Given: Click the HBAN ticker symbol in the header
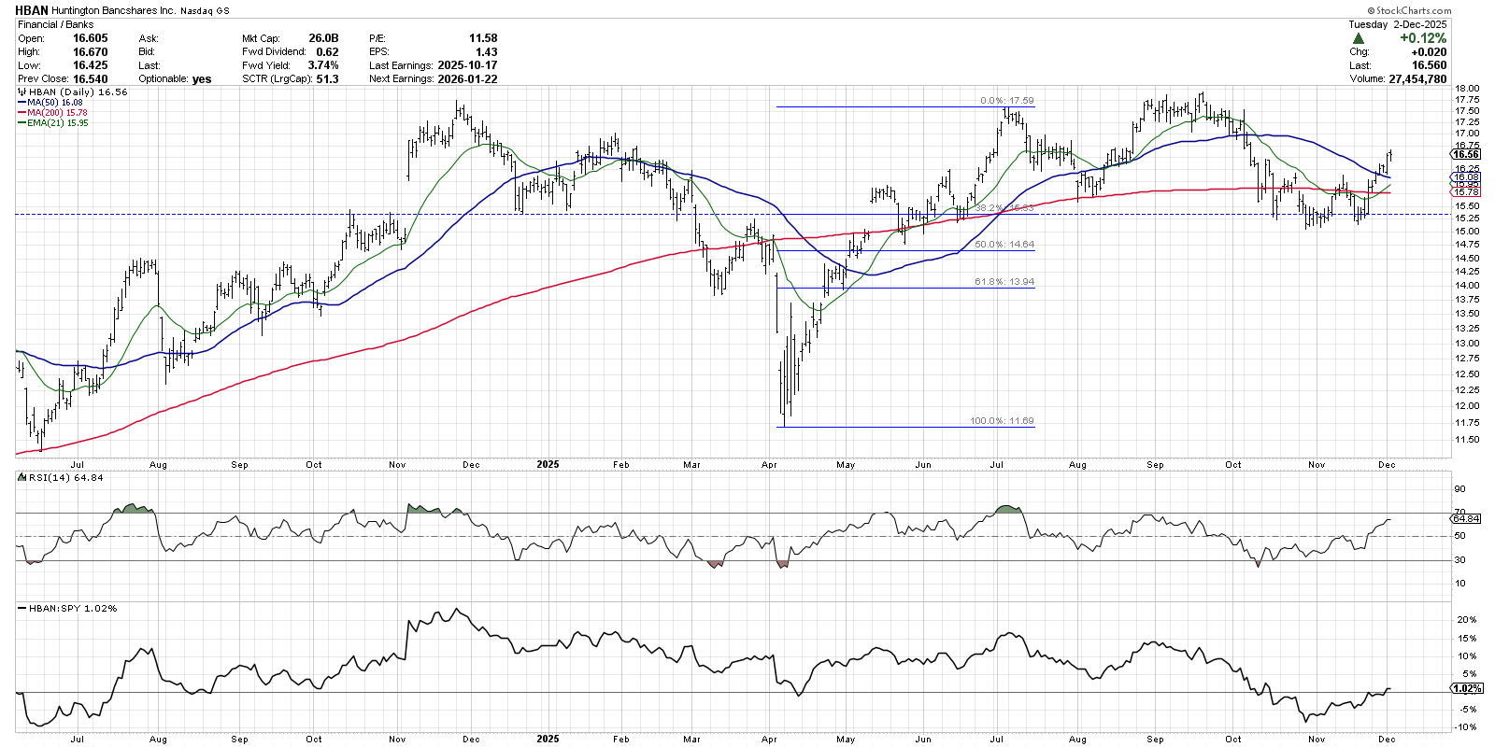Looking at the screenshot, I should click(33, 10).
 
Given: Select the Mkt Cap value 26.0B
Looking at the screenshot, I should click(323, 38).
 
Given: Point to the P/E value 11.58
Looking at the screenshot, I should click(483, 38).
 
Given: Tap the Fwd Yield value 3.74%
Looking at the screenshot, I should click(322, 65).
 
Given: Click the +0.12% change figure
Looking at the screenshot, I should click(1422, 38).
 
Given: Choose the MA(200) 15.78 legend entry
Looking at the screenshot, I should click(57, 113).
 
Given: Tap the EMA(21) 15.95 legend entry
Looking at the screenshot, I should click(57, 123).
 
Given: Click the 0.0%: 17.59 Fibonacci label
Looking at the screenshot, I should click(1006, 101).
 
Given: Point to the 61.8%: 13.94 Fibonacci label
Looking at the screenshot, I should click(1004, 282).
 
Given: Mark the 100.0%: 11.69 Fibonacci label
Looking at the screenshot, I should click(1002, 421).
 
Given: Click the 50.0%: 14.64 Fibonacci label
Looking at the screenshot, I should click(1004, 245).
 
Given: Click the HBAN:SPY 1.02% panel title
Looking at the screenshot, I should click(73, 609).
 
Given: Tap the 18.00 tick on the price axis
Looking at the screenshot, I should click(1467, 89).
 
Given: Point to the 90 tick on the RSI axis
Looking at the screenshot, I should click(1459, 489).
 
